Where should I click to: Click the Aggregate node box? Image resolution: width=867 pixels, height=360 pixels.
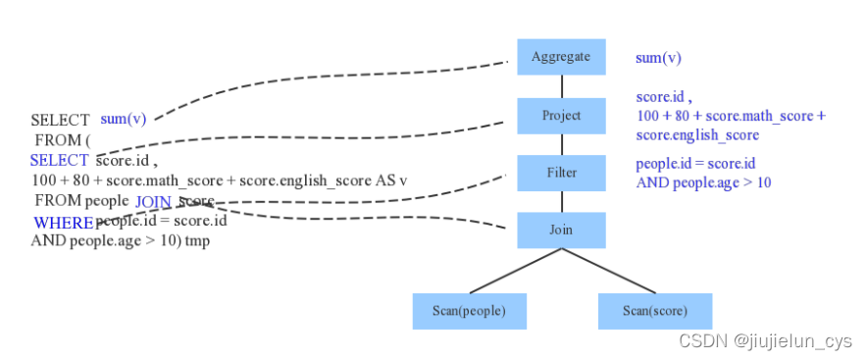point(561,57)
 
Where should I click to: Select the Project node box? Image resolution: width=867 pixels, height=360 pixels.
point(561,116)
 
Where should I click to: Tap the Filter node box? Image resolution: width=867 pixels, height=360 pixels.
point(561,173)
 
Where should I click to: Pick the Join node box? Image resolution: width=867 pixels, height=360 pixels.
point(561,231)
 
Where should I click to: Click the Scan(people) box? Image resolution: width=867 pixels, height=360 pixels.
point(470,311)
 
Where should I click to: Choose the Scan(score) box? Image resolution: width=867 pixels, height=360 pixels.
point(655,311)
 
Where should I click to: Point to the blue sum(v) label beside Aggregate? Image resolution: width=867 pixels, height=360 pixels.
point(658,58)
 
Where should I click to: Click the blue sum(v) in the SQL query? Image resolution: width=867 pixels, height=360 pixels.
point(124,119)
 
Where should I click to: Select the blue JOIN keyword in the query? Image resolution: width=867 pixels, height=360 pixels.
point(153,202)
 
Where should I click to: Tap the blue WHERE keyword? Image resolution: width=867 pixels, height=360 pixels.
point(64,223)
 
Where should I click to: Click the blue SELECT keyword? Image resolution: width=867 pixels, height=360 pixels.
point(59,160)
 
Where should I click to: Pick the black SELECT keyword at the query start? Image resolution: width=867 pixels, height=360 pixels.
point(60,120)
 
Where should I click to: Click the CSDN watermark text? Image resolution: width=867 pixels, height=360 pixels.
point(766,341)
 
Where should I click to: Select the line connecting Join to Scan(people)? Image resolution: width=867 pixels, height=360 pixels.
point(515,271)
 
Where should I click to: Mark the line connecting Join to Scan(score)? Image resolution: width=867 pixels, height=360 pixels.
point(608,271)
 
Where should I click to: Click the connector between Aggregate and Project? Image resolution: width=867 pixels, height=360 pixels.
point(562,86)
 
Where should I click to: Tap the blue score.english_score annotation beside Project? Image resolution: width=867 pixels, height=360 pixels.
point(697,135)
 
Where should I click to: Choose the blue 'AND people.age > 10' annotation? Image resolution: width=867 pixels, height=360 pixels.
point(703,183)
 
